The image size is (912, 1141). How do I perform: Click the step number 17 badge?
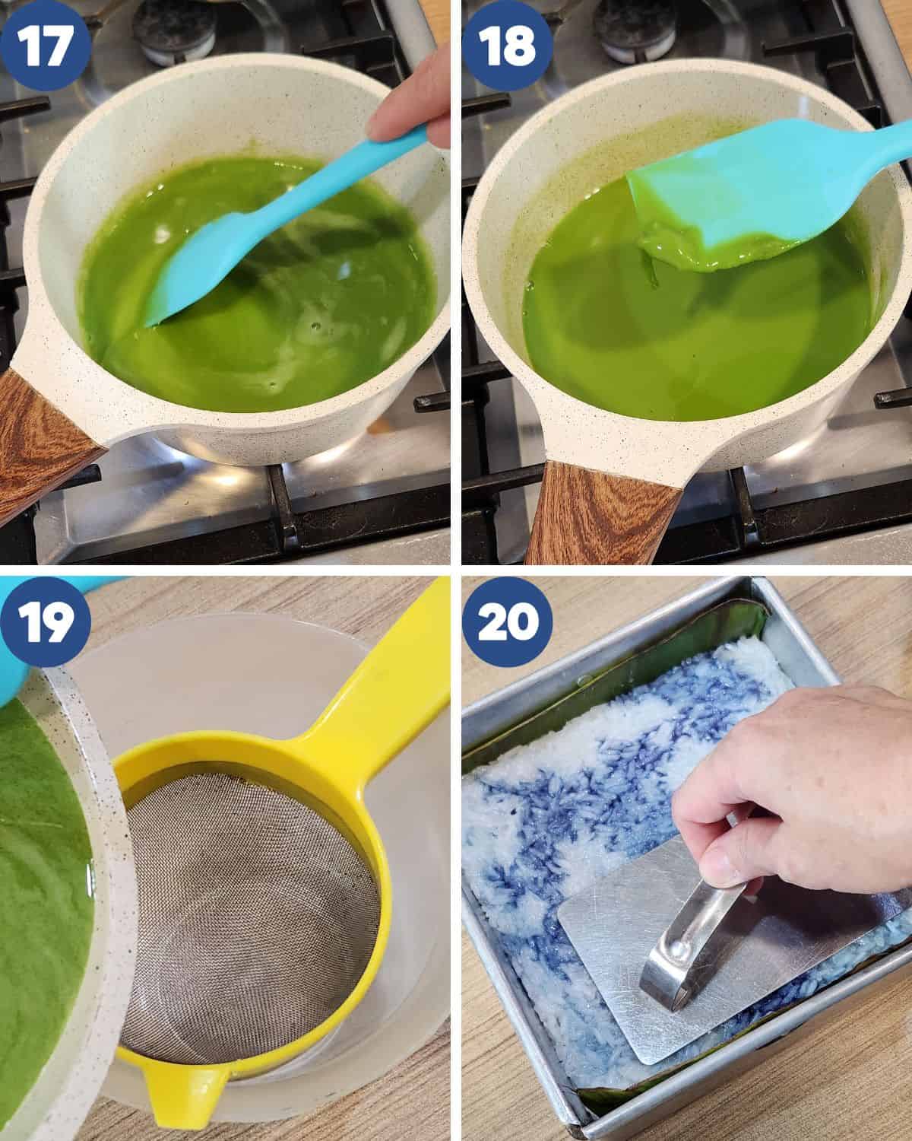tap(45, 45)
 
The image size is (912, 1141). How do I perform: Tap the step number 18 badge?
tap(507, 45)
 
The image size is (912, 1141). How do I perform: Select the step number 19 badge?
tap(45, 621)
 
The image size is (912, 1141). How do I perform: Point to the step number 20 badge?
tap(507, 621)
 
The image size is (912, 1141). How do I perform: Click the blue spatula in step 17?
tap(276, 228)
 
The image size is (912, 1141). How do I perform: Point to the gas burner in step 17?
tap(174, 27)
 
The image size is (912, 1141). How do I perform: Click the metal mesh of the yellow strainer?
tap(249, 912)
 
